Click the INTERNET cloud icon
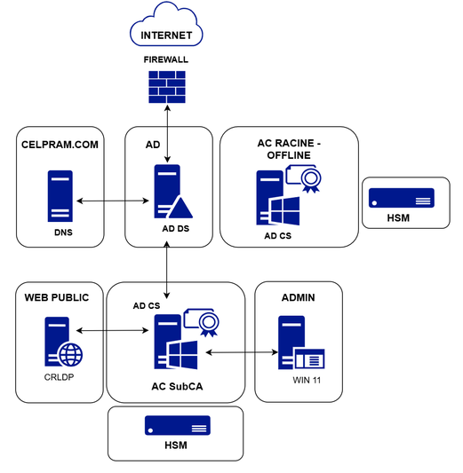pos(166,24)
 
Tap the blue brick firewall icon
pos(167,87)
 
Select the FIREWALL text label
pos(166,59)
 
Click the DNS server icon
pos(60,196)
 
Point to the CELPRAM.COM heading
pos(60,145)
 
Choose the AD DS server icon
pos(173,192)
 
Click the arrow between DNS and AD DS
pos(113,201)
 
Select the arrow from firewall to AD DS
pos(167,134)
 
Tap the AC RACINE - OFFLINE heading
pos(289,149)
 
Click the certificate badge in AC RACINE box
pos(303,178)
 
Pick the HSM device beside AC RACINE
pos(402,198)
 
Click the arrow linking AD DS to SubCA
pos(166,270)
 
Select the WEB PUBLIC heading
pos(57,298)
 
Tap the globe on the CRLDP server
pos(71,354)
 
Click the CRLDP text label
pos(59,377)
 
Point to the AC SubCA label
pos(177,386)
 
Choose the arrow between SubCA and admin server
pos(242,352)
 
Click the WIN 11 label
pos(307,380)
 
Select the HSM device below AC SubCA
pos(178,425)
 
